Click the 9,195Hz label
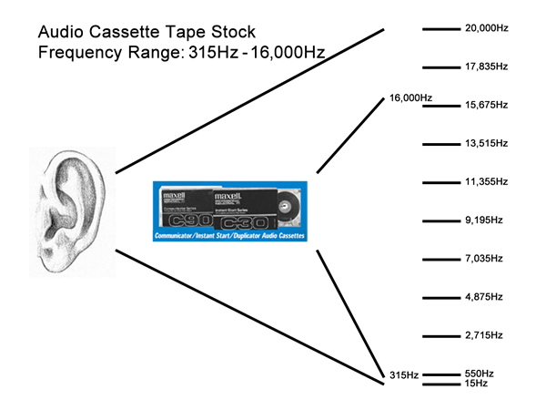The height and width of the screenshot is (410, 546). [x=483, y=220]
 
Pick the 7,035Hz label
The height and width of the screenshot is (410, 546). [x=483, y=259]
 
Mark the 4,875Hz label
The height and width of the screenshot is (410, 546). [x=483, y=297]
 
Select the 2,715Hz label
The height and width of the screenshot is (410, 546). [x=483, y=335]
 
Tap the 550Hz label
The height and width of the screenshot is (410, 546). [x=479, y=374]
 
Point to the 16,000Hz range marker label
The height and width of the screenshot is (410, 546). [x=410, y=97]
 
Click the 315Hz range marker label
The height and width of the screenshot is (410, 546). [x=401, y=375]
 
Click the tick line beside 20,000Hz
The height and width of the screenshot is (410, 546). [x=441, y=29]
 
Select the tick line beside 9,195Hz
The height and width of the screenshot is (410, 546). [x=441, y=220]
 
